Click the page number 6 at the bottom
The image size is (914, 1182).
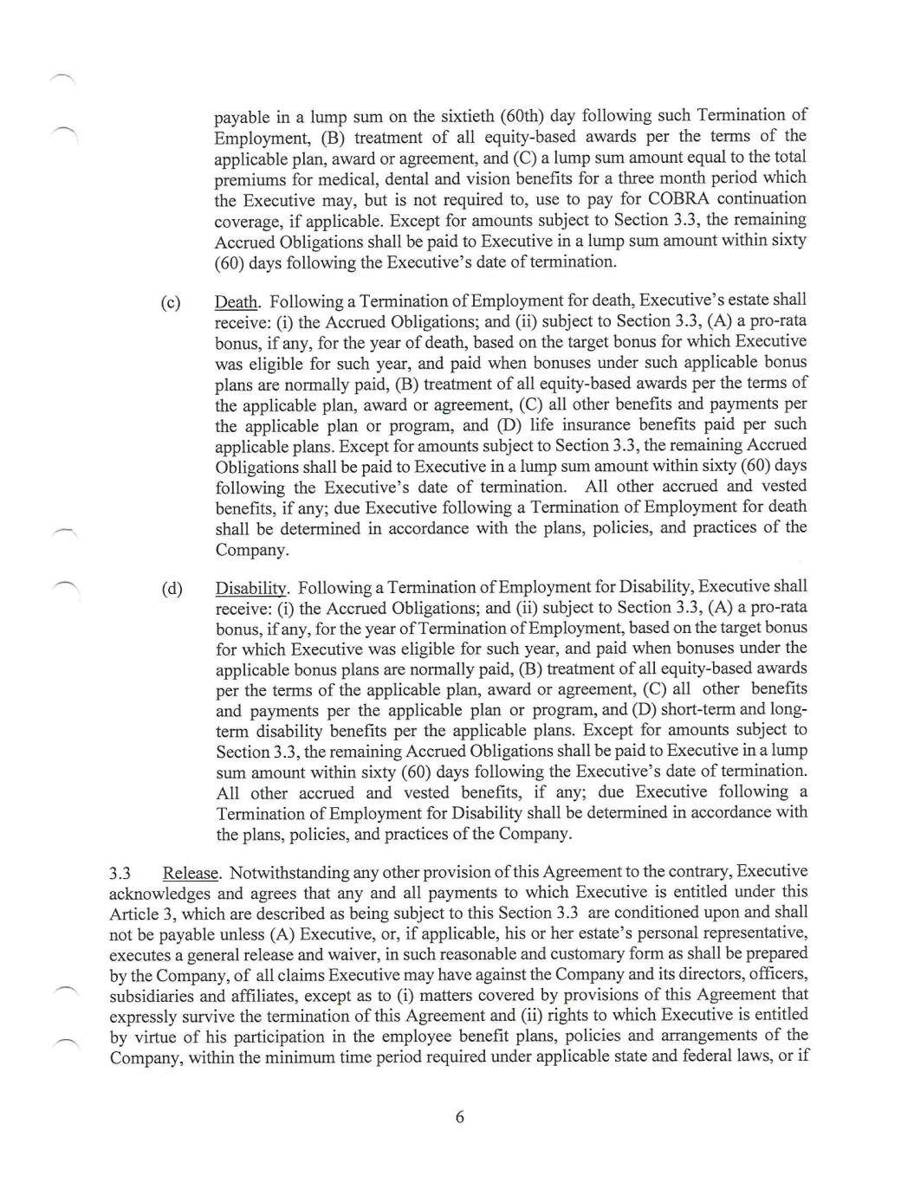(459, 1117)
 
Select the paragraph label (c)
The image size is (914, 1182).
(172, 302)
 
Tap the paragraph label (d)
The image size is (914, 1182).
(172, 589)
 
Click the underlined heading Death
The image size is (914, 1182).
(236, 302)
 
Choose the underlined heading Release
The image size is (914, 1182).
(191, 873)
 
